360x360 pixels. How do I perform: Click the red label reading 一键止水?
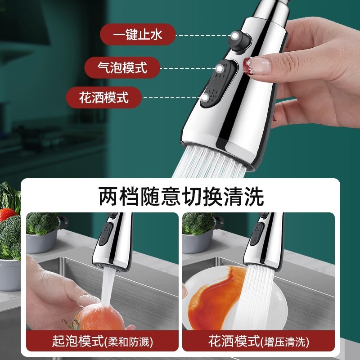tap(138, 35)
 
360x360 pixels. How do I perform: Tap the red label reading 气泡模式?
tap(122, 67)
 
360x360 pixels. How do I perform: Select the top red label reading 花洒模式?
tap(103, 97)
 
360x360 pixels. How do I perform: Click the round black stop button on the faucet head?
tap(239, 41)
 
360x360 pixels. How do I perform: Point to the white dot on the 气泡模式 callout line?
tap(220, 68)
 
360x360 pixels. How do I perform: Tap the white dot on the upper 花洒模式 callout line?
tap(205, 97)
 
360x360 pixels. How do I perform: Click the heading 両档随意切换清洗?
tap(181, 196)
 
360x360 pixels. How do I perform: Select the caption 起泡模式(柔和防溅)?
tap(103, 342)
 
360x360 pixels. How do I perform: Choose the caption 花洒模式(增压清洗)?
tap(258, 342)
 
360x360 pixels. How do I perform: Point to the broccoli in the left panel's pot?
tap(42, 223)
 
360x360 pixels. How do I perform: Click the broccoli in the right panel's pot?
tap(198, 223)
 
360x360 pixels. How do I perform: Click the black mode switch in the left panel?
tap(106, 234)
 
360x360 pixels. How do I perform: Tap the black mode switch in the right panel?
tap(256, 234)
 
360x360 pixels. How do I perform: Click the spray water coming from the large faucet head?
tap(209, 162)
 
